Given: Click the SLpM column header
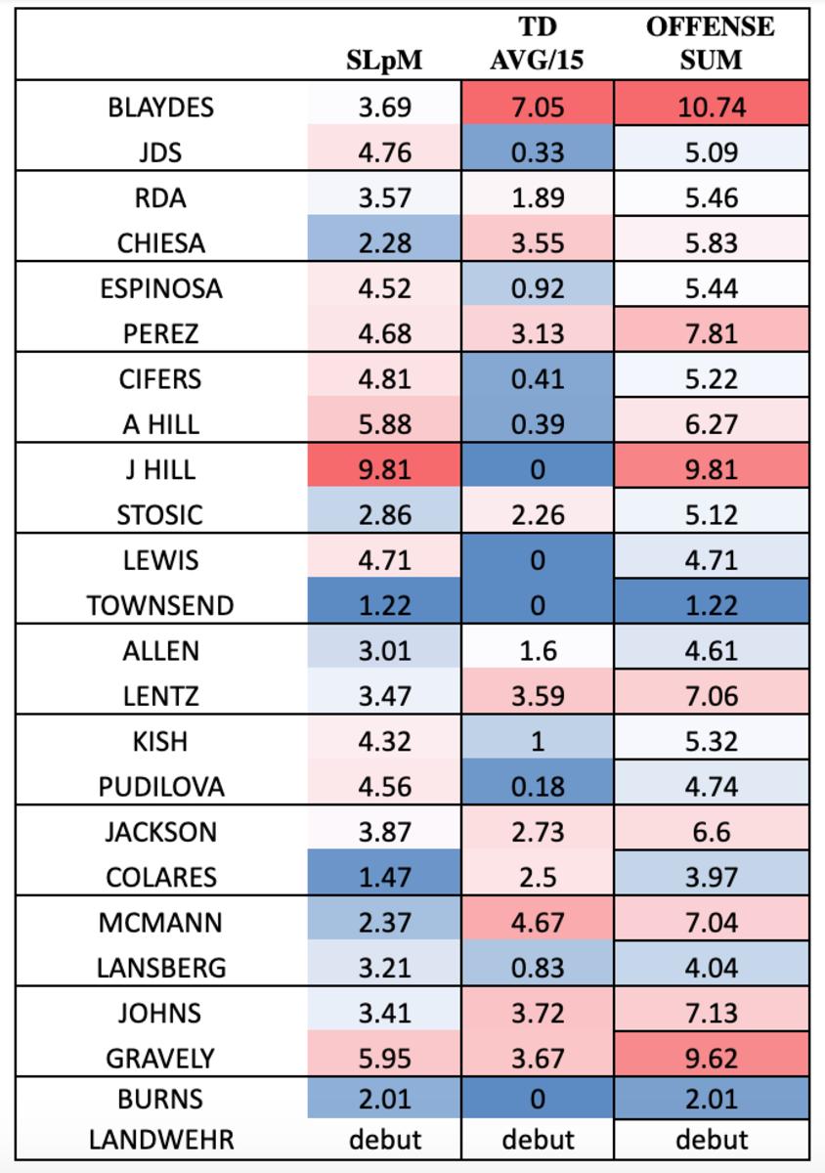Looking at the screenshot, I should [x=384, y=61].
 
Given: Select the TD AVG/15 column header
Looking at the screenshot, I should [x=537, y=43].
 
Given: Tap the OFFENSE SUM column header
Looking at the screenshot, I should [x=711, y=43].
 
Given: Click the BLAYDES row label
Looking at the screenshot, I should [x=160, y=107].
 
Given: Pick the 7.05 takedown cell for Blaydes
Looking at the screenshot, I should [x=537, y=107].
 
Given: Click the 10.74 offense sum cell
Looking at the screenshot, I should [x=711, y=107].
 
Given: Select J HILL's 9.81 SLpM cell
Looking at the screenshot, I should [x=384, y=469].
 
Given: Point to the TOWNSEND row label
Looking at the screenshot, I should [x=160, y=606].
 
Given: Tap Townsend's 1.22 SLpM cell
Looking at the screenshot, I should [x=384, y=606].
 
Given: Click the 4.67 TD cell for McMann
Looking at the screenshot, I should [x=537, y=923].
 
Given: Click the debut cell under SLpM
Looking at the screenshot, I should [x=384, y=1139].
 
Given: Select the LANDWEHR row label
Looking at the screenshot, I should [x=160, y=1139].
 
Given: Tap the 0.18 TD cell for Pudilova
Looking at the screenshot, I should [x=537, y=787].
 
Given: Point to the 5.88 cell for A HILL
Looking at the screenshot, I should [x=384, y=424].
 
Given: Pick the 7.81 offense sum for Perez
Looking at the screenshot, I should [x=711, y=334].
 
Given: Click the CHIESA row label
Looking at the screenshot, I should [x=160, y=243].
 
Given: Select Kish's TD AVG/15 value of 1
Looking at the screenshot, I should [x=537, y=742].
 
